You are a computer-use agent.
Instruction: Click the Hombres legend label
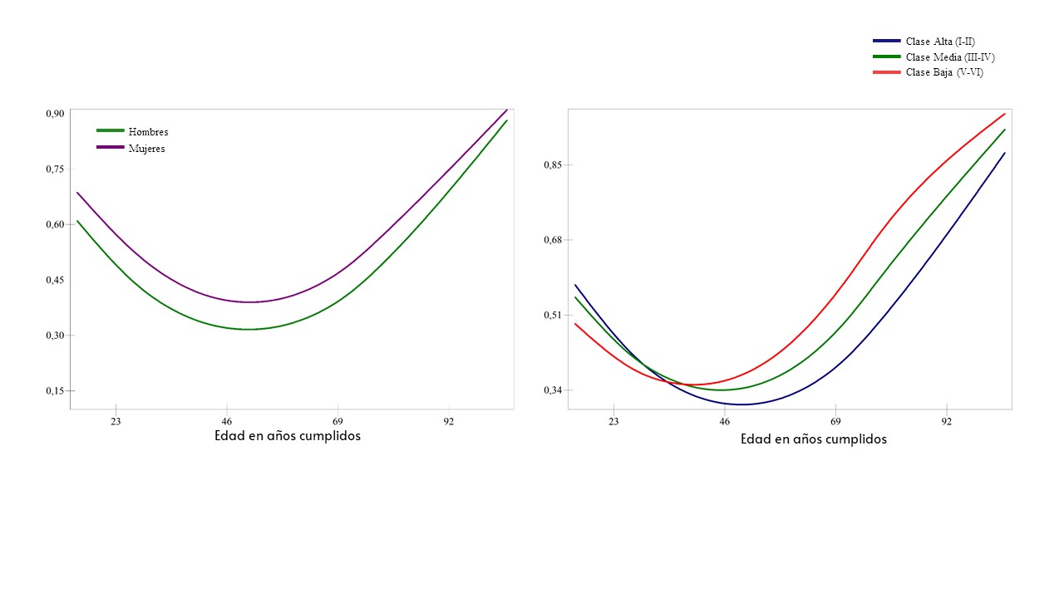coord(148,132)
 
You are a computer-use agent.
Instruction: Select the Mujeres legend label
coord(146,149)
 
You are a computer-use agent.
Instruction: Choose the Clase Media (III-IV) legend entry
coord(950,57)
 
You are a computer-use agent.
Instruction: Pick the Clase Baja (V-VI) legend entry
coord(944,73)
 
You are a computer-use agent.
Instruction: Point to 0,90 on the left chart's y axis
coord(54,114)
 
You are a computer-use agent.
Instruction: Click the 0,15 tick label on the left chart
coord(54,391)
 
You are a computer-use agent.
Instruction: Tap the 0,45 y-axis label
coord(54,280)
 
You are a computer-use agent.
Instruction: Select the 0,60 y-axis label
coord(54,224)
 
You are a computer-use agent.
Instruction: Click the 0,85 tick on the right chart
coord(552,165)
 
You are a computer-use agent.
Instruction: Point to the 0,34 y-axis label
coord(552,390)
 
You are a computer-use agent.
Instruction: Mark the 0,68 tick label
coord(552,240)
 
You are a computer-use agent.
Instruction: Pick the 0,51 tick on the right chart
coord(552,316)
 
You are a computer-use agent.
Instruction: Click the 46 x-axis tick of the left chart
coord(227,422)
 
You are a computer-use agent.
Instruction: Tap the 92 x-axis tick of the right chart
coord(947,422)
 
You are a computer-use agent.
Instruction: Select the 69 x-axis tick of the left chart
coord(337,422)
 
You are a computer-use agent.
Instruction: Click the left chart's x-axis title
coord(288,436)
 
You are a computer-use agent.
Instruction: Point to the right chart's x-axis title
coord(814,439)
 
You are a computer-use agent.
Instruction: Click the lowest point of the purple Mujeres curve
coord(248,302)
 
